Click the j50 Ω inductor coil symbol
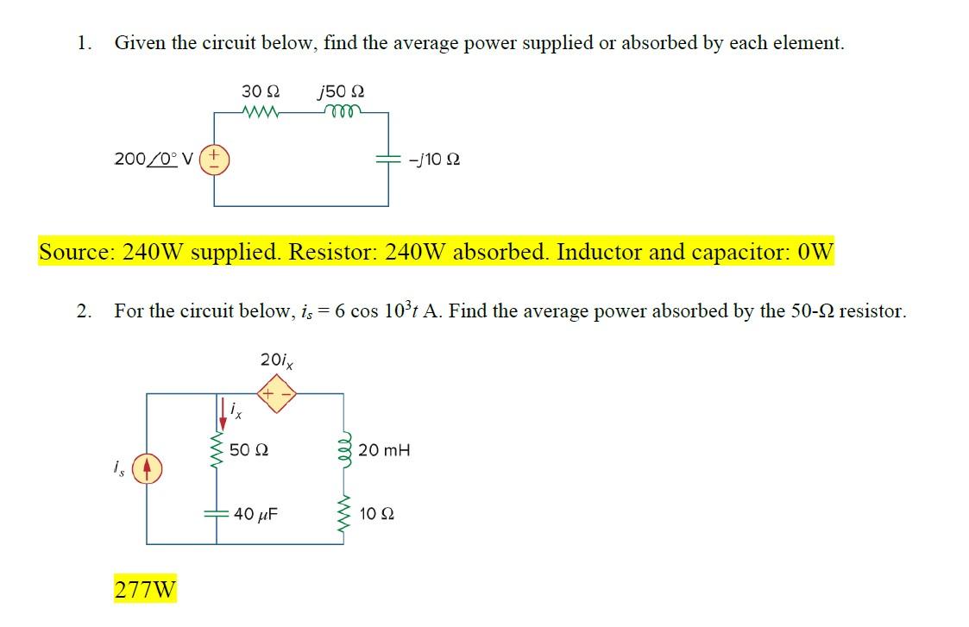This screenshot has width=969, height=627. (342, 111)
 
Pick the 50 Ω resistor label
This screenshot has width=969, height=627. (250, 449)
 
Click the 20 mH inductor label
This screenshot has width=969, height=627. (384, 449)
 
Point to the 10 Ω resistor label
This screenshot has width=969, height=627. (376, 514)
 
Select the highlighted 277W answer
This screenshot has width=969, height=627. (145, 590)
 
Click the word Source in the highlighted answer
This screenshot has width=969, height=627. (75, 252)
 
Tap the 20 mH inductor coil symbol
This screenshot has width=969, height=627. (345, 449)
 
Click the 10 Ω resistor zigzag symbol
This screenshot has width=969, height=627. (345, 514)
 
